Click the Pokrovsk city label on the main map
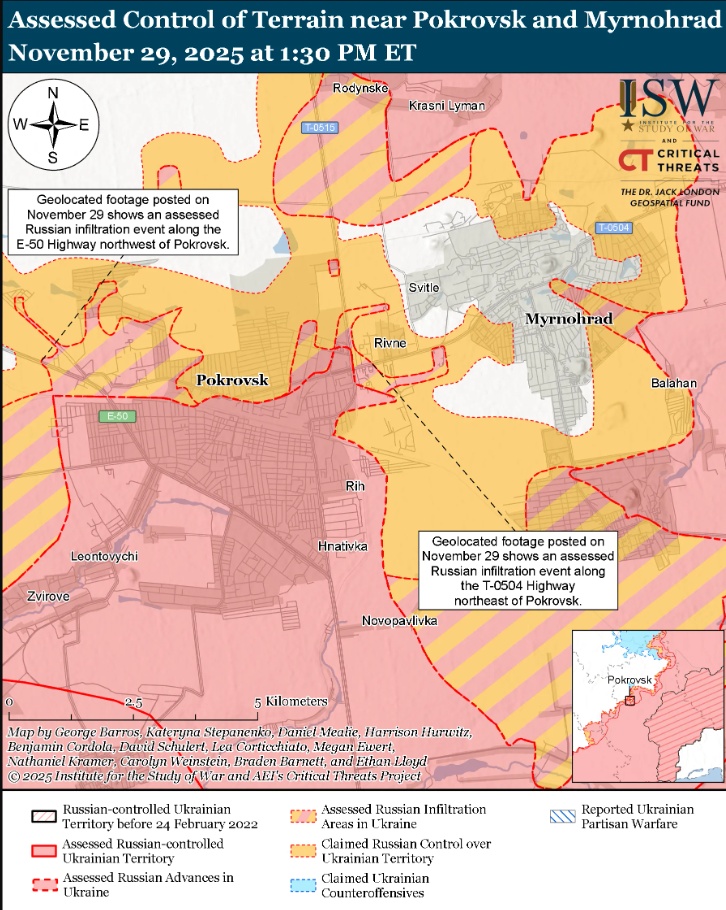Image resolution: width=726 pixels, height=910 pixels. click(233, 380)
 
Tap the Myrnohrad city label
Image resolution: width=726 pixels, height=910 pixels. click(567, 318)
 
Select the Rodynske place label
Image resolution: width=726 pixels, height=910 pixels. click(359, 89)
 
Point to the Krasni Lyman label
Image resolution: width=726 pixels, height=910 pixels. click(447, 105)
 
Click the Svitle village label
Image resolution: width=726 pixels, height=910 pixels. click(423, 288)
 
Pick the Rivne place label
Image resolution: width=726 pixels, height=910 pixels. click(390, 343)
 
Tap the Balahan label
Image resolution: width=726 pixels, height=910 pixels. click(673, 383)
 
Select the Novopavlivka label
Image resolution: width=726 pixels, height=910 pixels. click(400, 621)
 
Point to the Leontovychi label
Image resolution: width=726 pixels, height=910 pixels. click(104, 555)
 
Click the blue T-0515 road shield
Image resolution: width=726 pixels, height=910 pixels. click(320, 127)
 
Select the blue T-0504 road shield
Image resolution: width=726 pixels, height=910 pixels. click(612, 228)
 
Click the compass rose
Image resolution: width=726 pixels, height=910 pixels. click(53, 125)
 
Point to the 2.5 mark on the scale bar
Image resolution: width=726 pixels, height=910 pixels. click(132, 702)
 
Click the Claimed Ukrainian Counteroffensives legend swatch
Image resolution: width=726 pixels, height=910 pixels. click(303, 885)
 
